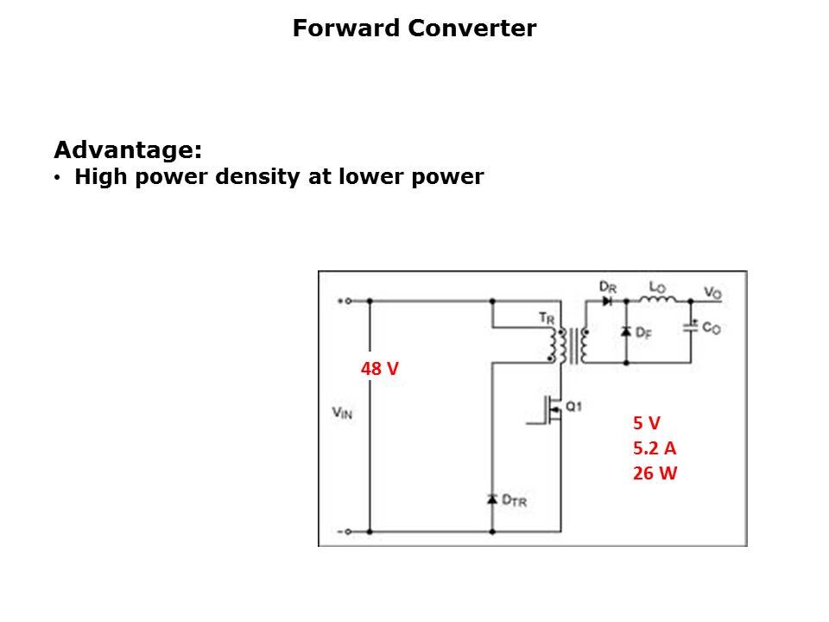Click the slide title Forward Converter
(414, 29)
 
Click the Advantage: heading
(128, 150)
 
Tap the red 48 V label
(379, 369)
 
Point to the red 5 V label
(646, 422)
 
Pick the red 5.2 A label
(654, 448)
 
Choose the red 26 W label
(655, 473)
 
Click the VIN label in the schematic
(342, 413)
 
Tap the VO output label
(712, 293)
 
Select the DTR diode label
(515, 499)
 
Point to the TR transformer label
(547, 318)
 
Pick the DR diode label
(607, 286)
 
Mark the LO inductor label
(657, 286)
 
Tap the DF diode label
(643, 333)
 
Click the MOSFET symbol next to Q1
(552, 409)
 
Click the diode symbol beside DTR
(492, 499)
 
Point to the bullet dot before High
(58, 179)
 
